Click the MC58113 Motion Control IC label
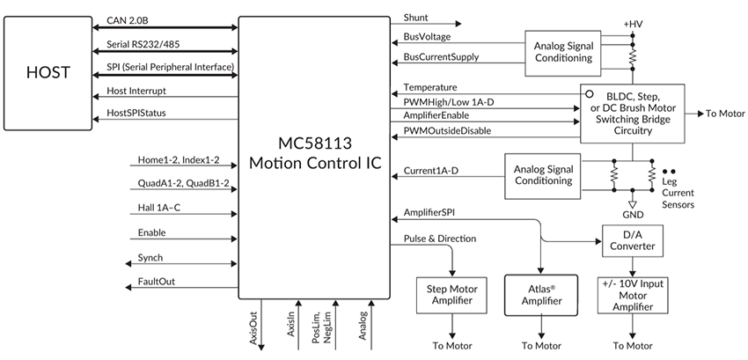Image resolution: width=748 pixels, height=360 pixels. [x=315, y=152]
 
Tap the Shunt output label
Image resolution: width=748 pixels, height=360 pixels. [x=416, y=18]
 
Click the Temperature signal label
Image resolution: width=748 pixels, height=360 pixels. [x=429, y=87]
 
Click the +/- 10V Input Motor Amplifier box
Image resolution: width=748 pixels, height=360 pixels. [x=632, y=295]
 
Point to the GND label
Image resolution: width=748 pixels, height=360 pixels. [x=632, y=214]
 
